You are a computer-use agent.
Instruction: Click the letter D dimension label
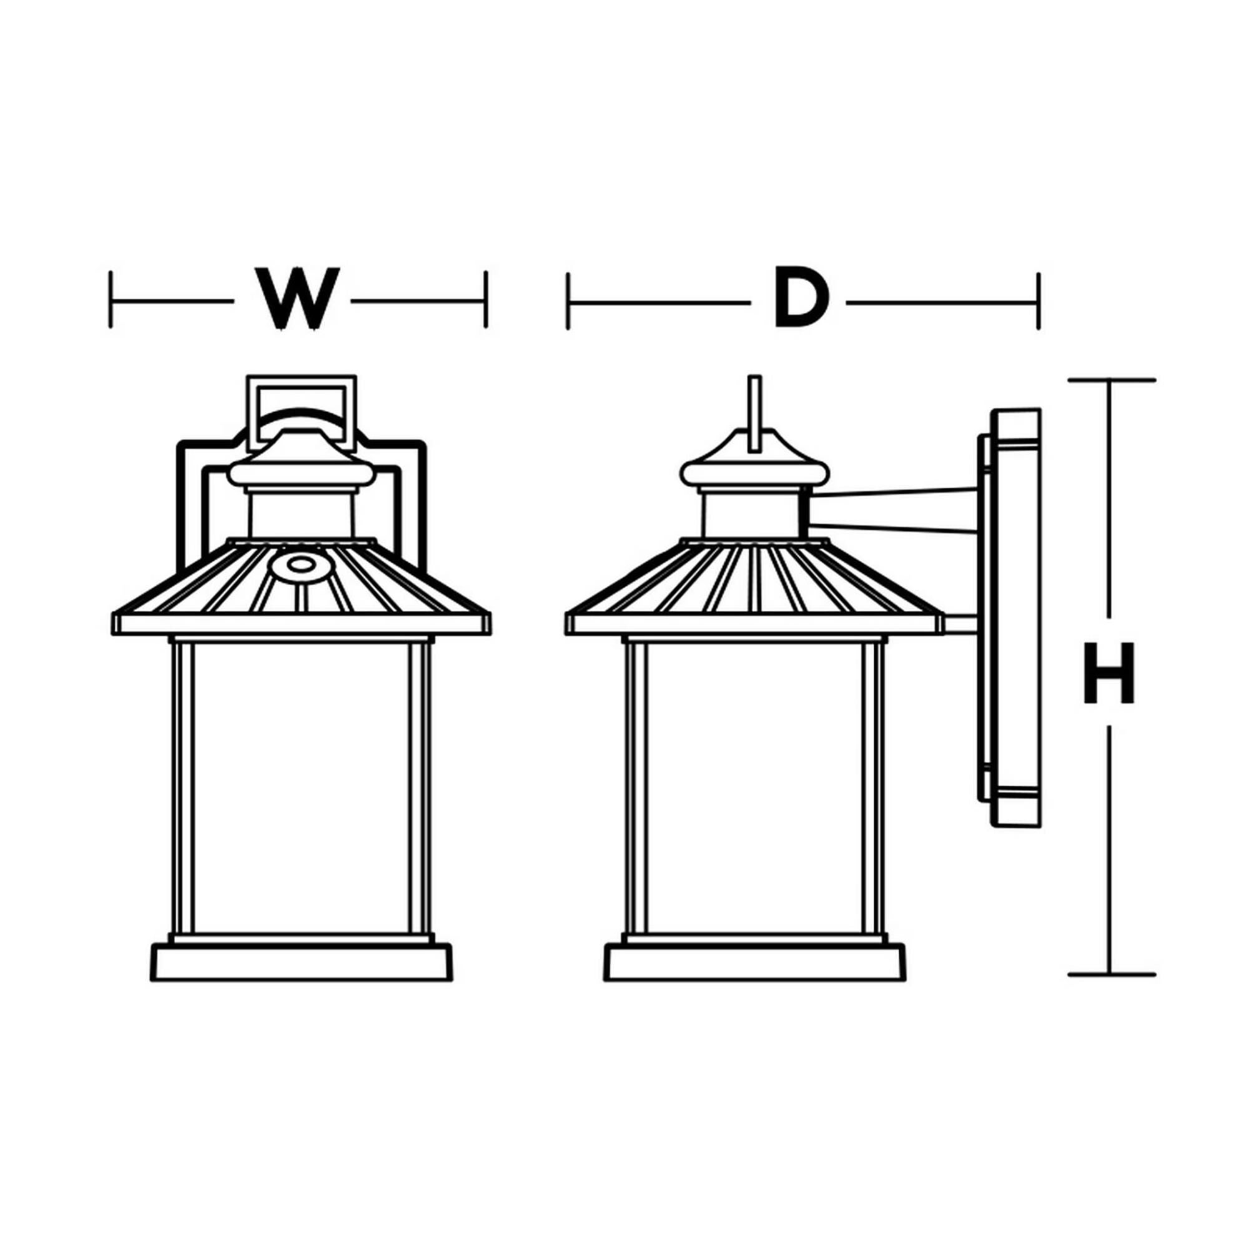800,299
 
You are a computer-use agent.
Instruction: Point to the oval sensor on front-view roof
298,565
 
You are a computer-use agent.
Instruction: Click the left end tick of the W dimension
111,299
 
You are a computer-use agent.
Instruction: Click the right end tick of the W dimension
485,299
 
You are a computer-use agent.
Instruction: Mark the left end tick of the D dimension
568,301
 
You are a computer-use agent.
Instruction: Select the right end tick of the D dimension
1039,301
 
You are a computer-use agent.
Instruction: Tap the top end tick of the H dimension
1110,380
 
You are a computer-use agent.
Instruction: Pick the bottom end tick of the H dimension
1110,992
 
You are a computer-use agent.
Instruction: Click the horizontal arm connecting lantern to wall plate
892,511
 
